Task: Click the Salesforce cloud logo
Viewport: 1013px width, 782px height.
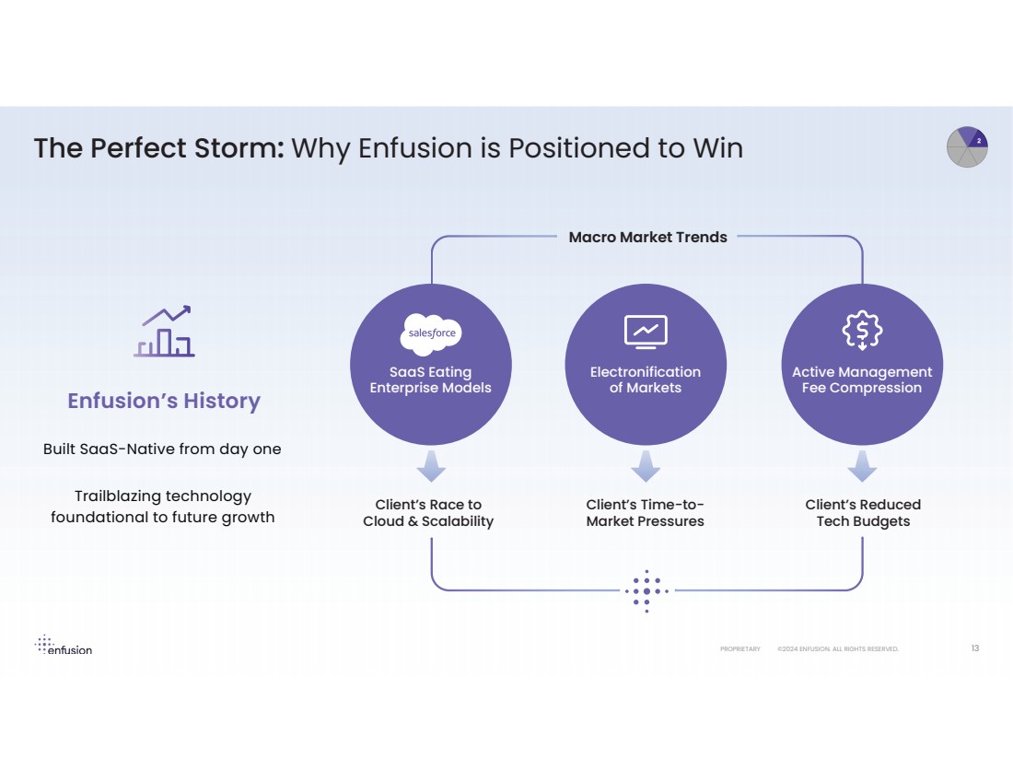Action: [431, 333]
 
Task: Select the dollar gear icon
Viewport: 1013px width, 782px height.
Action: [862, 331]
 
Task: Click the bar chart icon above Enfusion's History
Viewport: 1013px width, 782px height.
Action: [166, 332]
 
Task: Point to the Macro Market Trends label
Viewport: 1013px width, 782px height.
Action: [647, 238]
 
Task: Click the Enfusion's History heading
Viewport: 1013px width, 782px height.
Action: [164, 401]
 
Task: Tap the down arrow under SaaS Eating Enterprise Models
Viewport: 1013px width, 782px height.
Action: [431, 467]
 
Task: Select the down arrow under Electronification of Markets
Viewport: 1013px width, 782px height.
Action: [646, 467]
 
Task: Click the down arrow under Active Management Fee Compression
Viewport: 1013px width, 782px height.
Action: [862, 467]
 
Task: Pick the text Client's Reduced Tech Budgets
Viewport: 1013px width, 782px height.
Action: [863, 513]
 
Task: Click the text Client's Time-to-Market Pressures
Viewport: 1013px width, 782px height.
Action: [646, 513]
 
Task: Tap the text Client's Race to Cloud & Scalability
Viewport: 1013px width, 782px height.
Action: [428, 513]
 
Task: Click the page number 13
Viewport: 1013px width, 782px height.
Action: [975, 648]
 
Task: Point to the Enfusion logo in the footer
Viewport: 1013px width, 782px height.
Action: [64, 646]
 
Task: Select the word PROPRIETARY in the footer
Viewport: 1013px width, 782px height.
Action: [740, 649]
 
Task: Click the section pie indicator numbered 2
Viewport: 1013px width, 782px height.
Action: [967, 147]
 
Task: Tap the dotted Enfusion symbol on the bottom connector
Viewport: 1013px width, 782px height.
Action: [646, 590]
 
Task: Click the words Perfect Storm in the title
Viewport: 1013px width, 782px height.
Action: [188, 148]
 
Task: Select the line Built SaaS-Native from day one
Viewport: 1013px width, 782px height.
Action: [162, 449]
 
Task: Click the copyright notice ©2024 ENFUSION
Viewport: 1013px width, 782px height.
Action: [837, 649]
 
